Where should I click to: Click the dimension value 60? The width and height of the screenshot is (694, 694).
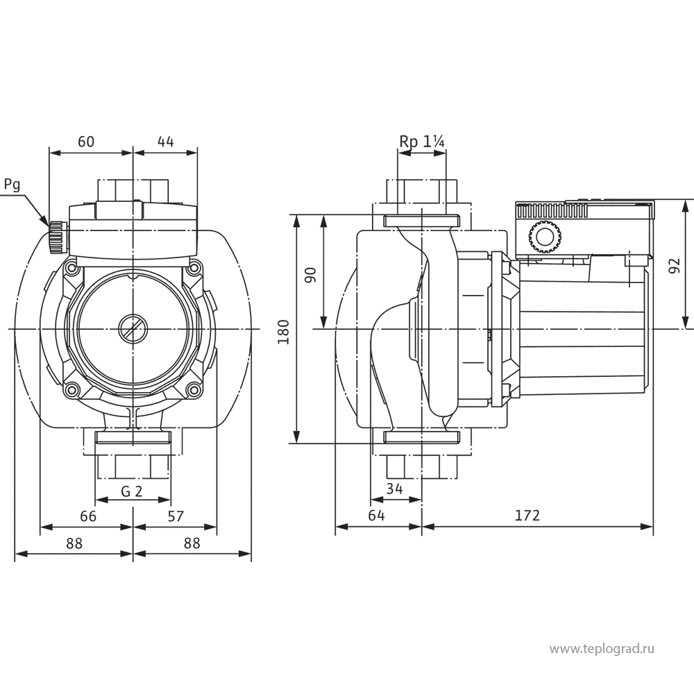(x=85, y=142)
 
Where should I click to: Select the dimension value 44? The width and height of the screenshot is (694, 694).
(x=165, y=142)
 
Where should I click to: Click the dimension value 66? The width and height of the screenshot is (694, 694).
(x=87, y=517)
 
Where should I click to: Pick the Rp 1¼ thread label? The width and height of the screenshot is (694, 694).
(x=421, y=142)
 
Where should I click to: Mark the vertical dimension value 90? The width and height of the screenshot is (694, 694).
(x=311, y=273)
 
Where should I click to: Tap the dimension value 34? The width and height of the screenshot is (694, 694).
(x=395, y=489)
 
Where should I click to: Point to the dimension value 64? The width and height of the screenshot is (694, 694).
(x=377, y=517)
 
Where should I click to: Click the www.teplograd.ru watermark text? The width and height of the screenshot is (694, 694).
(x=602, y=649)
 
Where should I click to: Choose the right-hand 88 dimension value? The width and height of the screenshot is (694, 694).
(x=192, y=544)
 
